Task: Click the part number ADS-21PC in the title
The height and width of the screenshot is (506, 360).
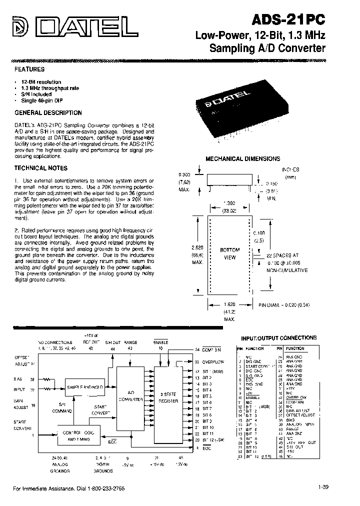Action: (x=290, y=19)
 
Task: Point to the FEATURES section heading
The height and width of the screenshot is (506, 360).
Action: (x=29, y=69)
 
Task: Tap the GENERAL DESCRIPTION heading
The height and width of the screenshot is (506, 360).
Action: (x=48, y=113)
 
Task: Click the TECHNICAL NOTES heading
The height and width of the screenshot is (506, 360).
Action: (x=41, y=168)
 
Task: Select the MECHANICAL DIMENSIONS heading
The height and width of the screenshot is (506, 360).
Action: (x=243, y=158)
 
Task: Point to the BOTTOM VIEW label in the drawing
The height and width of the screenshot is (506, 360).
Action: (x=230, y=253)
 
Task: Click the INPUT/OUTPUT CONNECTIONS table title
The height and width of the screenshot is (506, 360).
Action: (x=278, y=337)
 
